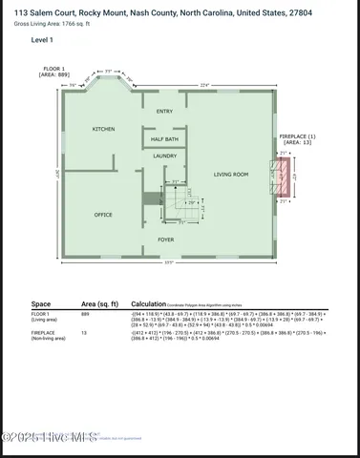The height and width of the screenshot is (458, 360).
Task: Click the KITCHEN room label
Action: pyautogui.click(x=103, y=129)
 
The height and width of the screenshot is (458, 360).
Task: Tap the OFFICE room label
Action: pyautogui.click(x=103, y=215)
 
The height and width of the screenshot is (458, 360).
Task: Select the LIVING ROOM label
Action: pyautogui.click(x=230, y=175)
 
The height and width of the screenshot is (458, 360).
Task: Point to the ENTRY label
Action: pyautogui.click(x=164, y=112)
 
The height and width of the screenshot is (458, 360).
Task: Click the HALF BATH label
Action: pyautogui.click(x=164, y=139)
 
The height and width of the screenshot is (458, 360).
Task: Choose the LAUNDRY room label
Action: pyautogui.click(x=164, y=156)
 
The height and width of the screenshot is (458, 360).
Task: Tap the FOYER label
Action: pyautogui.click(x=165, y=239)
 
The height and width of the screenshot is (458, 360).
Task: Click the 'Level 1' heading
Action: pyautogui.click(x=42, y=41)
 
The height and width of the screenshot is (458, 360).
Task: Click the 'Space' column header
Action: pyautogui.click(x=40, y=303)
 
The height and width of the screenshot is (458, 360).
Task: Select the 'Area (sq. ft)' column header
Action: pyautogui.click(x=99, y=303)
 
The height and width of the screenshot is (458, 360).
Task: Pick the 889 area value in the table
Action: pyautogui.click(x=86, y=313)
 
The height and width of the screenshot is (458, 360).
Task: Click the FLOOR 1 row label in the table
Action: pyautogui.click(x=40, y=313)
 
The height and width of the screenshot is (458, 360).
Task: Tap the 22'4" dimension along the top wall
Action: pyautogui.click(x=205, y=85)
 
